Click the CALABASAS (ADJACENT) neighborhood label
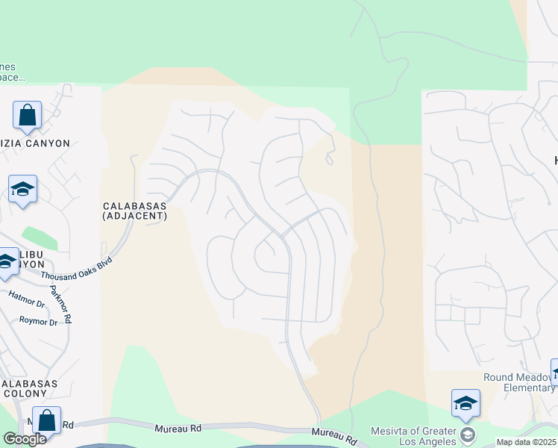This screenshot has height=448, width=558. (x=134, y=211)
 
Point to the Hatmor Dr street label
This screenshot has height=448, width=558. (x=27, y=296)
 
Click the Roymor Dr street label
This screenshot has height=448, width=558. (x=38, y=322)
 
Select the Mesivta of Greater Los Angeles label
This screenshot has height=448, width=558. (x=413, y=437)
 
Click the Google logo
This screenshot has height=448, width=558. (x=25, y=439)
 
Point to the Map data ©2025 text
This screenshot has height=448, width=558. (x=527, y=442)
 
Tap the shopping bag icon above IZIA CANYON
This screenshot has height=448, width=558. (x=27, y=116)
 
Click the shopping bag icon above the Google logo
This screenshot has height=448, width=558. (x=46, y=420)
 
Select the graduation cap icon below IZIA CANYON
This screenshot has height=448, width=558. (x=22, y=189)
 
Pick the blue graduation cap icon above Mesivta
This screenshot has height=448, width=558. (x=465, y=404)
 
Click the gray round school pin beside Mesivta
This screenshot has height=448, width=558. (x=468, y=434)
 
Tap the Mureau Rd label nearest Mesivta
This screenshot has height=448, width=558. (x=330, y=433)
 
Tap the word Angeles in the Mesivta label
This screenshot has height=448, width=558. (x=433, y=442)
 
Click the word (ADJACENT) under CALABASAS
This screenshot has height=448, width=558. (x=134, y=216)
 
